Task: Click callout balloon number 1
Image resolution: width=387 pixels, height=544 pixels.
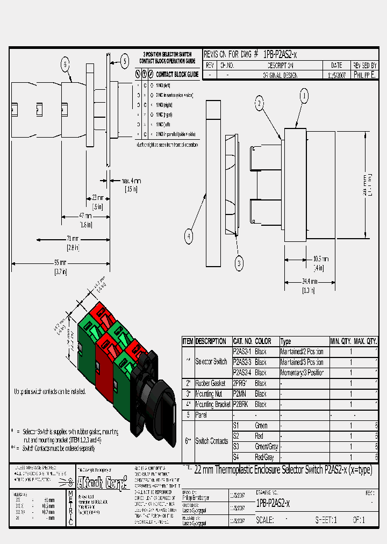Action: (304, 96)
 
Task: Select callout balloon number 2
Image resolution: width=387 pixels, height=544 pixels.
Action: (259, 103)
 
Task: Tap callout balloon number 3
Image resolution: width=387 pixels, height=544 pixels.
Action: (239, 262)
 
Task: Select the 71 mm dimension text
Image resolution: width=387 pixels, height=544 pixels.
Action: (73, 239)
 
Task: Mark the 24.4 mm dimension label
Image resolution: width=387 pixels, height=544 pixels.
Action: (309, 282)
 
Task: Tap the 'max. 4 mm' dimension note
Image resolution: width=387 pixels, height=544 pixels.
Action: (131, 181)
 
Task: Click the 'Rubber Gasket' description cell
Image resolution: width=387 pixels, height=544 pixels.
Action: (211, 383)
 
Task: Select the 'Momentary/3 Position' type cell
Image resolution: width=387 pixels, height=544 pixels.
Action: (302, 373)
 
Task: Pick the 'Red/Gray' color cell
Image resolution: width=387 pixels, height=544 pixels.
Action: (264, 457)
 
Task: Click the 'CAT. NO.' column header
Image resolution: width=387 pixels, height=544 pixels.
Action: (242, 341)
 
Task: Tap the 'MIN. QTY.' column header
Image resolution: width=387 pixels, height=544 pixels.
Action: (340, 341)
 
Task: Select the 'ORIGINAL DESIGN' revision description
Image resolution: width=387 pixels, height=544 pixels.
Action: (279, 75)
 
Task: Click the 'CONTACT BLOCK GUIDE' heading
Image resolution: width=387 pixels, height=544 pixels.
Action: (177, 74)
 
